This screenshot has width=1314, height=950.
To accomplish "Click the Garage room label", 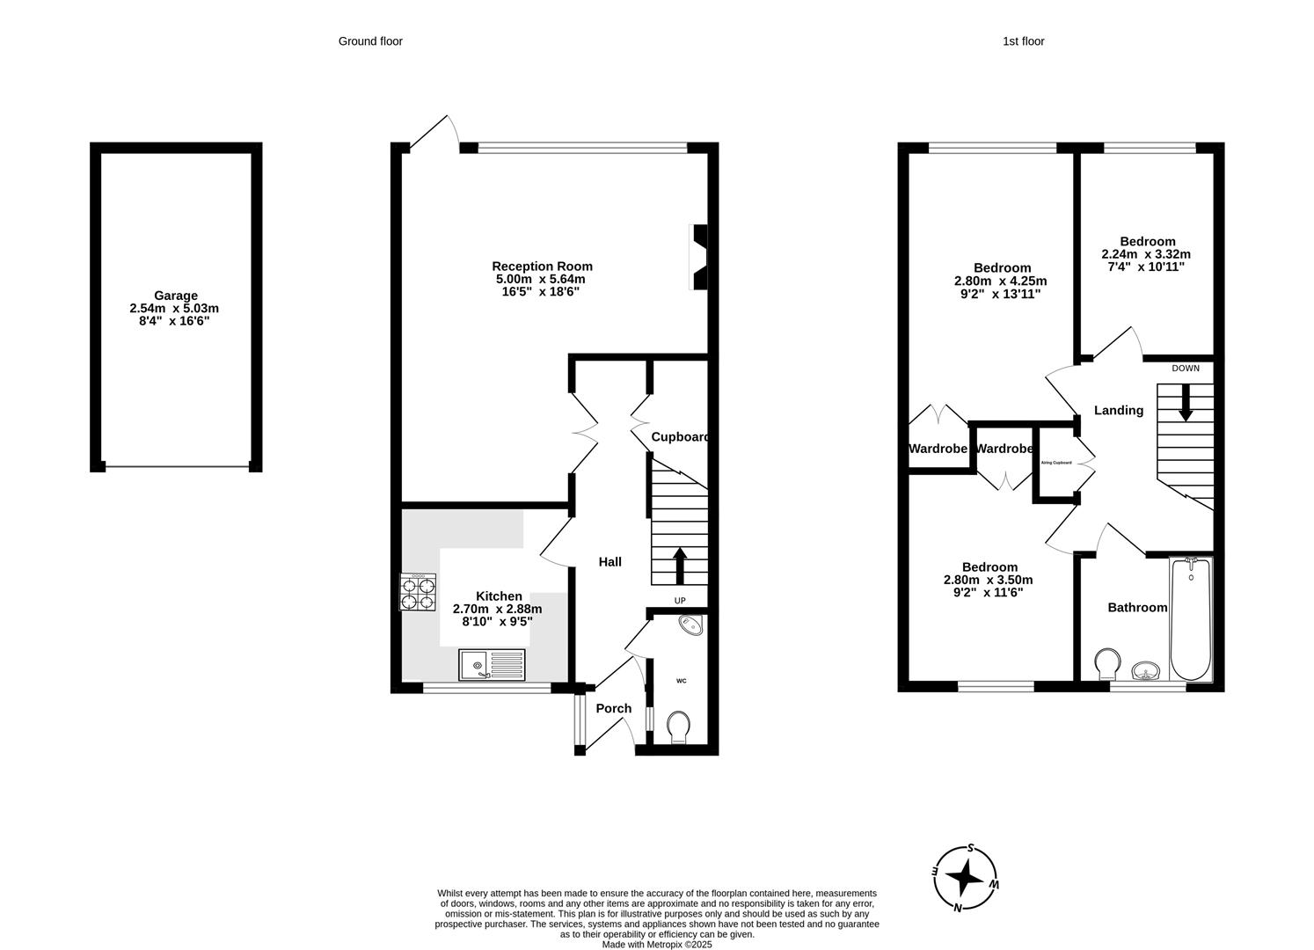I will click(x=176, y=296).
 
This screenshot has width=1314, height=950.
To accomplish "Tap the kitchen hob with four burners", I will click(x=419, y=592).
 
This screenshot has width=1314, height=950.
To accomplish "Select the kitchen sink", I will click(x=492, y=664).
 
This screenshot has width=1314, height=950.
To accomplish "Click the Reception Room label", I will click(x=542, y=267).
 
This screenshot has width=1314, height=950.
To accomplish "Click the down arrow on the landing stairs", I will click(x=1185, y=403).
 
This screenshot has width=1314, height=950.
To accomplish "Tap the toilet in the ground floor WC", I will click(x=678, y=728).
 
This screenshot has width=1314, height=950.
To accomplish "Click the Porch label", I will click(x=614, y=708).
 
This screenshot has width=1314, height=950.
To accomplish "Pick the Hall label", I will click(x=610, y=561).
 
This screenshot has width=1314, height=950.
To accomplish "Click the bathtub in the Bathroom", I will click(x=1191, y=619).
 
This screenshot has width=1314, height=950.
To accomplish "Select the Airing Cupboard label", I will click(x=1056, y=463).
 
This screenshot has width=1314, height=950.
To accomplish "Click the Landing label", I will click(x=1118, y=410).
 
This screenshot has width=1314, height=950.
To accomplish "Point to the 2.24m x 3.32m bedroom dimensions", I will click(x=1146, y=254).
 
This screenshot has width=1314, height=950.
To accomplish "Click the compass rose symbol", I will click(x=966, y=878).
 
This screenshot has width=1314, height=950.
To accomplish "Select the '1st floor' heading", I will click(x=1023, y=41).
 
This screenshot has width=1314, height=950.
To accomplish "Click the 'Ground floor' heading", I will click(x=370, y=41).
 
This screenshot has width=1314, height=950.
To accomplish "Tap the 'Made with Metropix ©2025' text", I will click(x=656, y=945).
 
